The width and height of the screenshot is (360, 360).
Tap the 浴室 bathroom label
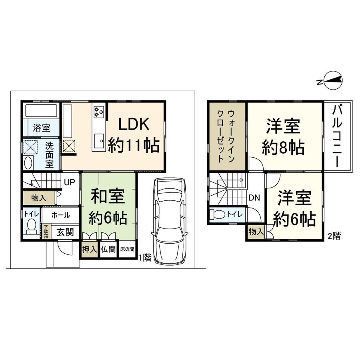click(42, 128)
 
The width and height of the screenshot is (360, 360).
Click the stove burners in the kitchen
click(99, 111)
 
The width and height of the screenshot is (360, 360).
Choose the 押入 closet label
click(89, 250)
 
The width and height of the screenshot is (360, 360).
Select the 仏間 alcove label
click(108, 250)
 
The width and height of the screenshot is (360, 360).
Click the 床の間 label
click(127, 250)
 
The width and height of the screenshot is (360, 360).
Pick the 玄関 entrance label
click(64, 232)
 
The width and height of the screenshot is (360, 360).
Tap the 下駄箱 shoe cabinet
click(45, 231)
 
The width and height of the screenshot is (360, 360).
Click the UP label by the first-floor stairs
click(70, 183)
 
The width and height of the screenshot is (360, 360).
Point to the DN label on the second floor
click(254, 197)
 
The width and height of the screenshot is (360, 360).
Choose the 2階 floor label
click(334, 236)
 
